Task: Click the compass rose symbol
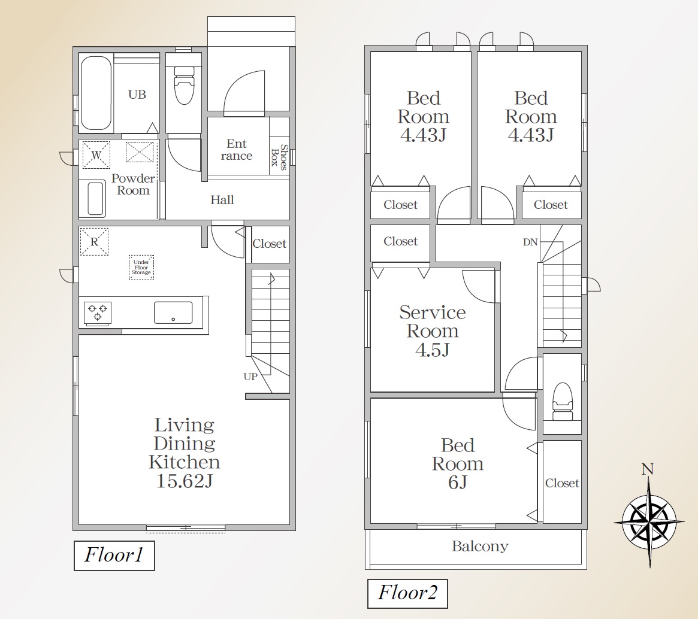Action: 649,521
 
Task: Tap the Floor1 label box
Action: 114,556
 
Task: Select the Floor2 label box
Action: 407,593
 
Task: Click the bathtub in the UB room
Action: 96,93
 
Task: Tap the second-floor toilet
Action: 562,402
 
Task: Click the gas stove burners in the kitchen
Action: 98,312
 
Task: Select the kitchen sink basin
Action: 173,312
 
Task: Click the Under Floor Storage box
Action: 141,267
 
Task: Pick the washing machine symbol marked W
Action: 96,154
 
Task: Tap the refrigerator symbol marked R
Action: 94,241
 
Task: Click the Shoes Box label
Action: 280,157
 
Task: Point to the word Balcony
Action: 480,546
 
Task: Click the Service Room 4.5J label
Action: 432,331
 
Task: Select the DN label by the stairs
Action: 530,242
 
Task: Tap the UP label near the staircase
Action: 250,377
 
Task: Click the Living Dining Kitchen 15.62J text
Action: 185,453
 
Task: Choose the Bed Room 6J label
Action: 457,463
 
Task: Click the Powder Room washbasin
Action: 96,198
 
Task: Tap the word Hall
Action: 222,200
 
